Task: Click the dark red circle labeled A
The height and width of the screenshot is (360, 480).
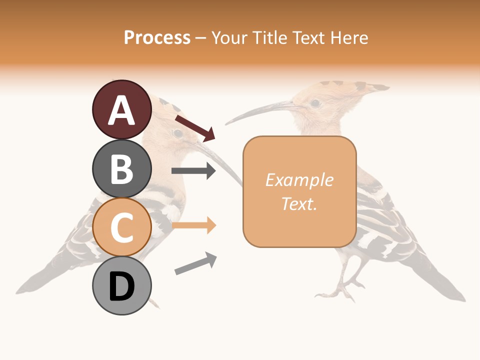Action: [x=121, y=110]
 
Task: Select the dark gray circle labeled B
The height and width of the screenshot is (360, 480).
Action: [x=121, y=169]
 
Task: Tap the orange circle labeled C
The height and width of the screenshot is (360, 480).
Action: [x=121, y=227]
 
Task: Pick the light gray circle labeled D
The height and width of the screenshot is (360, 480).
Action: [x=121, y=286]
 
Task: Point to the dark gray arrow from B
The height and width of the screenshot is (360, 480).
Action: [x=193, y=171]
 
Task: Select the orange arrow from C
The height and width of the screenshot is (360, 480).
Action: [x=193, y=225]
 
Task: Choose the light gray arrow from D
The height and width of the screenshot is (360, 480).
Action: [x=195, y=263]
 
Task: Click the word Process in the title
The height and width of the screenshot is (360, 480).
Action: [x=157, y=37]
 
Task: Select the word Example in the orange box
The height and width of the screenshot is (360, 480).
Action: [x=299, y=180]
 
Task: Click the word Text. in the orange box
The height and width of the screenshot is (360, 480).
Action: [x=299, y=203]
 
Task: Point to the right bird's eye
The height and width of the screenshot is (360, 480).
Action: [x=315, y=103]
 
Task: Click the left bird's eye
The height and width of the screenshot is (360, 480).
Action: [x=177, y=133]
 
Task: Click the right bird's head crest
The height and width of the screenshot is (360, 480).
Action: [x=350, y=87]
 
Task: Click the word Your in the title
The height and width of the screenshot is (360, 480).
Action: [x=227, y=37]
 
